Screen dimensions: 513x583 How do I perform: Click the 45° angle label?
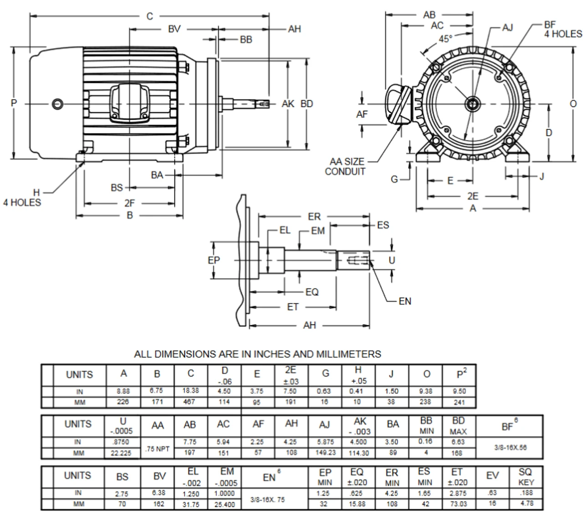[x=445, y=39]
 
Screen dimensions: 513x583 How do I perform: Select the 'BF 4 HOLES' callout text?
[x=563, y=30]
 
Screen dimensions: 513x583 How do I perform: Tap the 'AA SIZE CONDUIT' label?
[x=346, y=167]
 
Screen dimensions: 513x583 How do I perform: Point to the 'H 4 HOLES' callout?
[x=23, y=198]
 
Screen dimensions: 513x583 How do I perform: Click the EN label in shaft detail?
[x=404, y=301]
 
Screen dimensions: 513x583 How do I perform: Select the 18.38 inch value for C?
[x=191, y=391]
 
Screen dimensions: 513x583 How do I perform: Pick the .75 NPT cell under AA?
[x=157, y=448]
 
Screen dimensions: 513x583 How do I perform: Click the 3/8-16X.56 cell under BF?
[x=510, y=447]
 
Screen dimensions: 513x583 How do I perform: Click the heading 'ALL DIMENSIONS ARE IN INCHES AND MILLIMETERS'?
[x=257, y=354]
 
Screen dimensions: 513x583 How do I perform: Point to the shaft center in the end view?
[x=472, y=104]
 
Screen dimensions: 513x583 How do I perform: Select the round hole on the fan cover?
[x=57, y=104]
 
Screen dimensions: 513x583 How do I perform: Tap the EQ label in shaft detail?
[x=312, y=292]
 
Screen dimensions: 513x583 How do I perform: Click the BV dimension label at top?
[x=174, y=29]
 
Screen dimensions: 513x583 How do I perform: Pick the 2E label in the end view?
[x=473, y=196]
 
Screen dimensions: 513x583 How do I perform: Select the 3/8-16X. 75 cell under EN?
[x=269, y=499]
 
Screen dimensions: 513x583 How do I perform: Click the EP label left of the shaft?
[x=214, y=260]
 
